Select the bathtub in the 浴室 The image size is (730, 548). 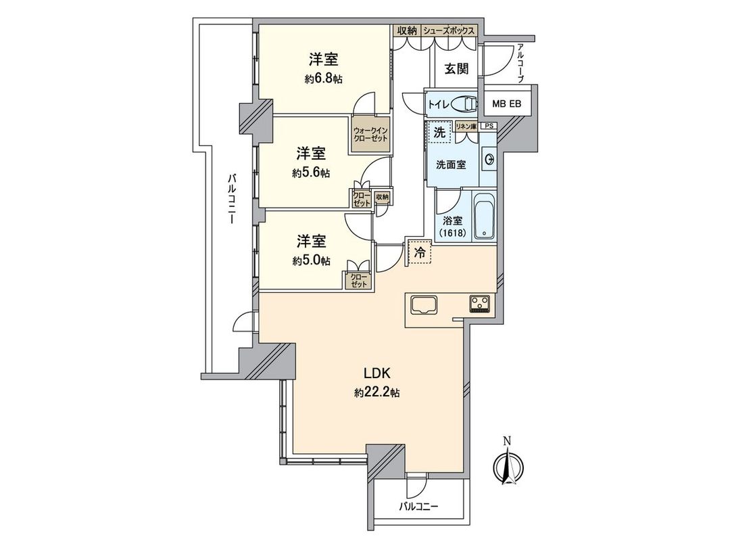pyautogui.click(x=483, y=216)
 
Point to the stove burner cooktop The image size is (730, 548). pyautogui.click(x=481, y=304)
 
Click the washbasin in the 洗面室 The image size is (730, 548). pyautogui.click(x=488, y=159)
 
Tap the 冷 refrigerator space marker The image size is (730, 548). pyautogui.click(x=419, y=252)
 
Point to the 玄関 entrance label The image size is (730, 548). pyautogui.click(x=456, y=69)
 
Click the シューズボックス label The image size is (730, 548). pyautogui.click(x=449, y=31)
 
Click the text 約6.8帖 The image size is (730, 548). pyautogui.click(x=323, y=79)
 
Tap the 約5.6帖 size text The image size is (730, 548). pyautogui.click(x=311, y=173)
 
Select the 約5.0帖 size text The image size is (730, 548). pyautogui.click(x=312, y=260)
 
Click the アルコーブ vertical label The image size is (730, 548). pyautogui.click(x=520, y=63)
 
